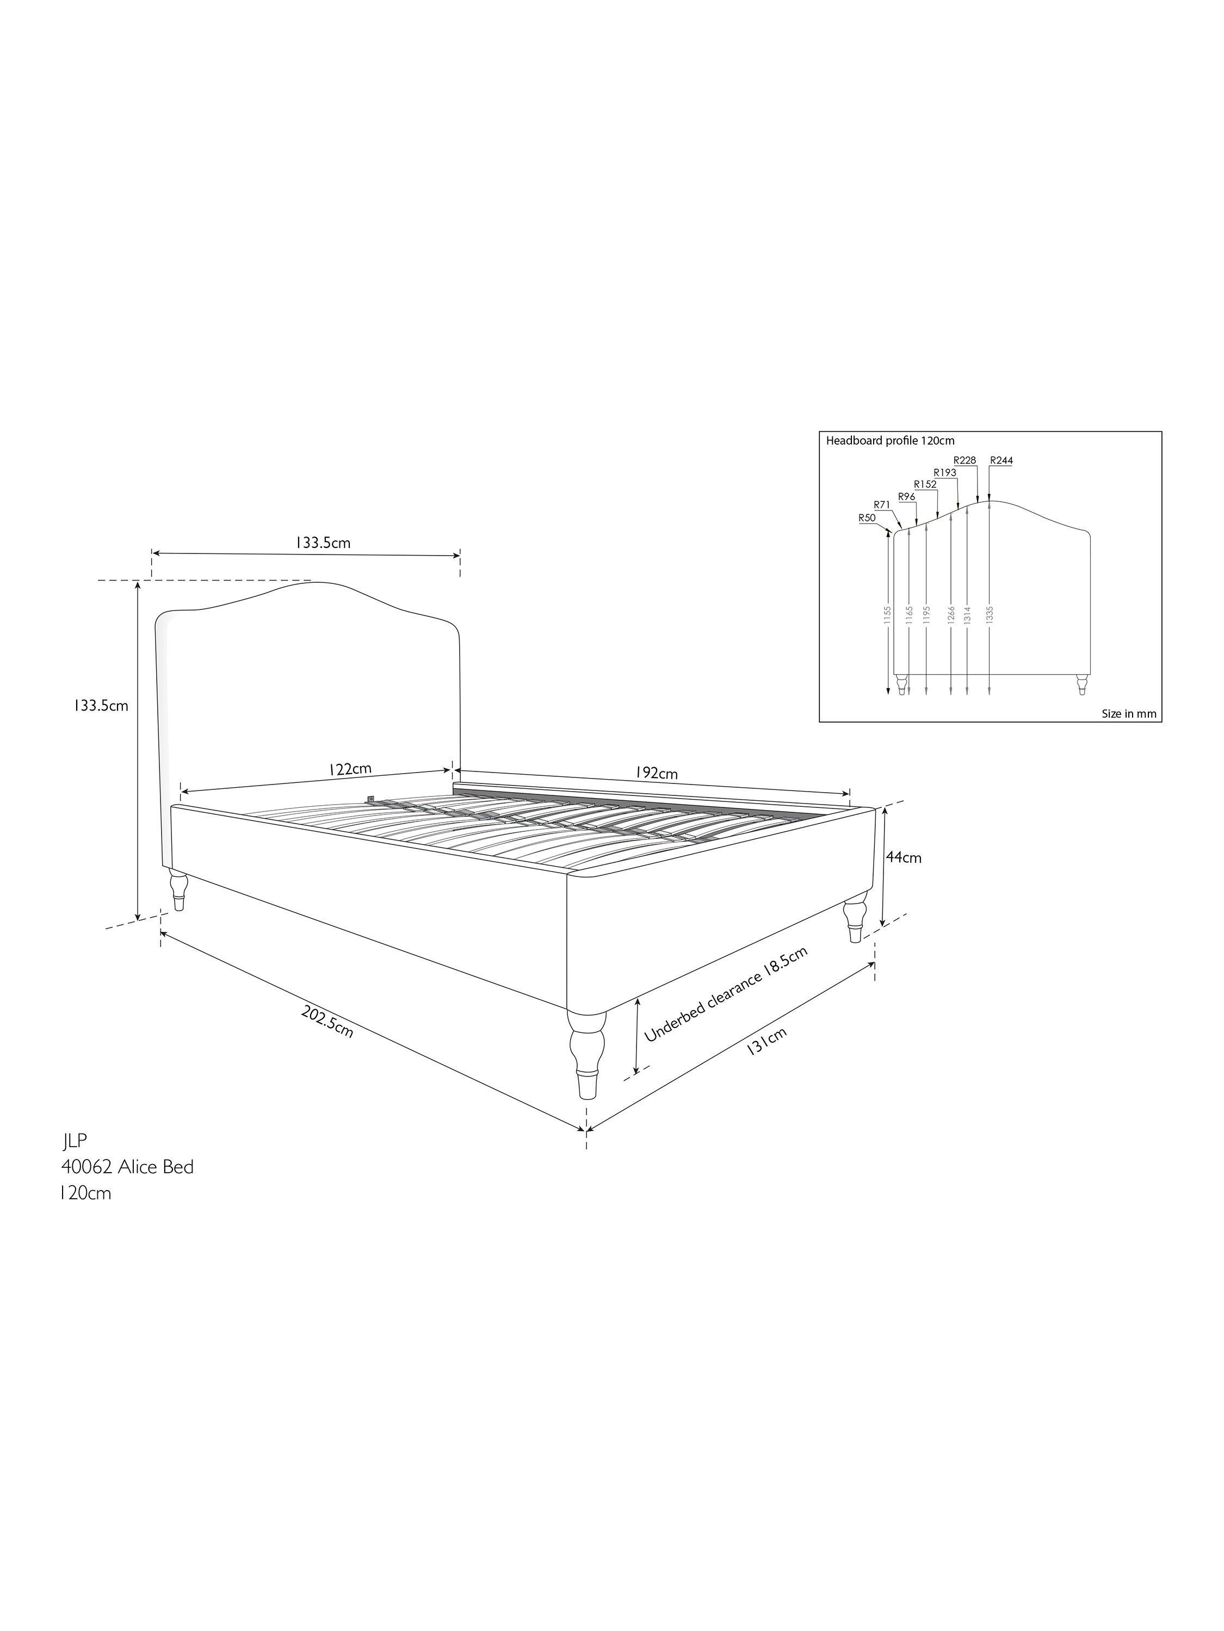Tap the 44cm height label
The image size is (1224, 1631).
(x=904, y=857)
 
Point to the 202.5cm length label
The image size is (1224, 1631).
(x=327, y=1021)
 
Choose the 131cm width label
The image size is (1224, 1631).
(x=766, y=1041)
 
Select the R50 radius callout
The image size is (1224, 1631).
(x=867, y=518)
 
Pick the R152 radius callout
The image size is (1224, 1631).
(x=925, y=484)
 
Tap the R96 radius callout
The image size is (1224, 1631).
(x=907, y=497)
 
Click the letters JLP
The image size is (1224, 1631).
(x=75, y=1141)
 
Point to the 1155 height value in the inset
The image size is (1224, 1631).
(x=888, y=615)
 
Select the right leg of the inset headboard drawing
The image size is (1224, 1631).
(x=1081, y=683)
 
